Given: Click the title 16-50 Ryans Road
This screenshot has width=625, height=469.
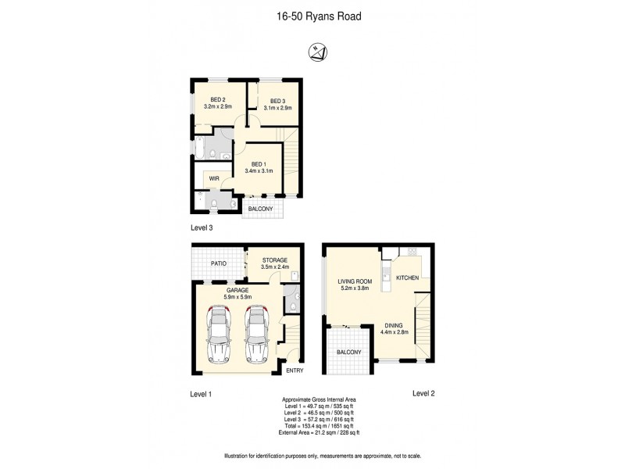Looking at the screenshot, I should pyautogui.click(x=312, y=15).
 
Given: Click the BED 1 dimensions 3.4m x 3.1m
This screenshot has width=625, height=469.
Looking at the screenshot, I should pyautogui.click(x=258, y=171).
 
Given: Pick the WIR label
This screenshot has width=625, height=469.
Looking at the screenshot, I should pyautogui.click(x=214, y=179).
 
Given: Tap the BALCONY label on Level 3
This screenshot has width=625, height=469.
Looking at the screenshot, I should pyautogui.click(x=261, y=209).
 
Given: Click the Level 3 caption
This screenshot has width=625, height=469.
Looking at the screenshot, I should pyautogui.click(x=202, y=228).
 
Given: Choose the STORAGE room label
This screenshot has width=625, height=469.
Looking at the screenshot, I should pyautogui.click(x=275, y=260).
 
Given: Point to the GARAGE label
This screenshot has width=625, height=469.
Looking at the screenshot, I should pyautogui.click(x=237, y=290).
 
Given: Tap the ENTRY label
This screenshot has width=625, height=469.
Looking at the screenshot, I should pyautogui.click(x=294, y=371).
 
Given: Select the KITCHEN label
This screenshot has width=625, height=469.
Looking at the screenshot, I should pyautogui.click(x=409, y=277).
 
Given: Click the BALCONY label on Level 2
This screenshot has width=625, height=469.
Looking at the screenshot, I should pyautogui.click(x=349, y=353).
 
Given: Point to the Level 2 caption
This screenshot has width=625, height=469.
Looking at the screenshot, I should pyautogui.click(x=423, y=394).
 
